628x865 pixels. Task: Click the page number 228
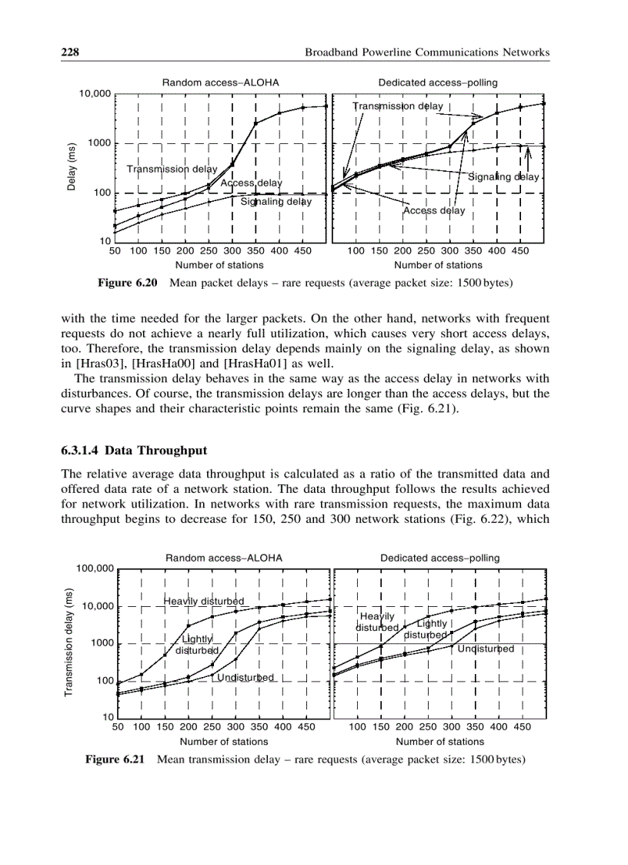point(72,52)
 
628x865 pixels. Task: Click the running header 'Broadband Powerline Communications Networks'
point(427,52)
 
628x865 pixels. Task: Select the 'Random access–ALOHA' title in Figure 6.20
point(220,82)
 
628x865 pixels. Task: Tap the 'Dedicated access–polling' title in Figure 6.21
point(439,558)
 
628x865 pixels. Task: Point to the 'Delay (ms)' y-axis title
point(71,167)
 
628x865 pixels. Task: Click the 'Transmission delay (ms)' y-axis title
point(69,643)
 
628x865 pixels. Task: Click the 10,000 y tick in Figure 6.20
point(95,94)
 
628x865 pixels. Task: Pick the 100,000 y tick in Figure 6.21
point(95,569)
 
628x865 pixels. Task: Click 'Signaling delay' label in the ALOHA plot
point(276,202)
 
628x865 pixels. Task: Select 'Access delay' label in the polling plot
point(434,210)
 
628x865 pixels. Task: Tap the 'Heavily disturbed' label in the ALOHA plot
point(204,601)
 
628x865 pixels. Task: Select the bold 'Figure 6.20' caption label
point(127,283)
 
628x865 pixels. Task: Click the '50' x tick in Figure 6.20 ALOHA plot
point(115,250)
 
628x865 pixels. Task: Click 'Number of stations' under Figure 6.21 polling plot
point(440,741)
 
